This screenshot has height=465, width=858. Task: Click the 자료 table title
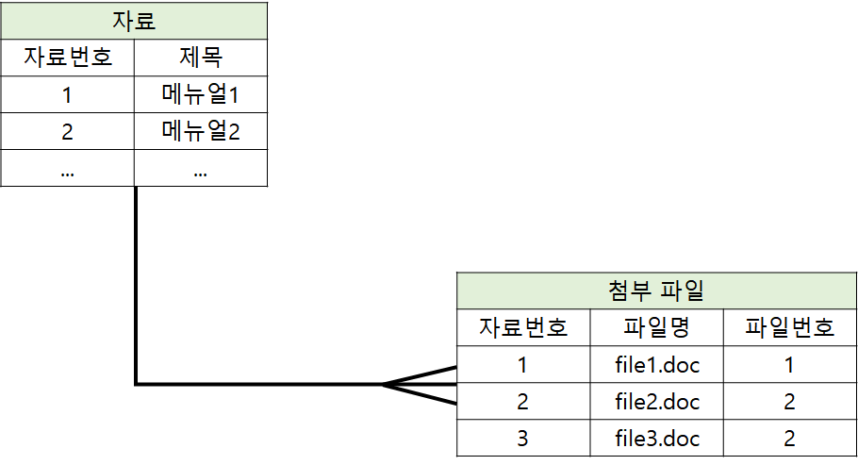coord(134,21)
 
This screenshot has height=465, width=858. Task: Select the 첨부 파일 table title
coord(657,291)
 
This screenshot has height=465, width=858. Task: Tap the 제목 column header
coord(201,58)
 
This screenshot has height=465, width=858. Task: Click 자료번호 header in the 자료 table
coord(67,58)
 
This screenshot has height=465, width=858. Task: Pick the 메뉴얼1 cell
coord(201,94)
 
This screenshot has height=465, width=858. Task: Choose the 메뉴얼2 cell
coord(201,131)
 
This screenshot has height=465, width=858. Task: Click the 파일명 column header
coord(656,327)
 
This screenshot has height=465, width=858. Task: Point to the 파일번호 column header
coord(790,327)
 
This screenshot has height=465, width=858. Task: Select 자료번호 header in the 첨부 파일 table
coord(523,327)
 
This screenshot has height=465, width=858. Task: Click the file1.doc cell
coord(656,364)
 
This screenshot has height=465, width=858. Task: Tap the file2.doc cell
coord(656,401)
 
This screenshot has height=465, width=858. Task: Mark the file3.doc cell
coord(656,438)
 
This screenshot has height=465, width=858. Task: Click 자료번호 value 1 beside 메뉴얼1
coord(67,94)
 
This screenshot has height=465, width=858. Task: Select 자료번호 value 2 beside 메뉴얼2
coord(67,131)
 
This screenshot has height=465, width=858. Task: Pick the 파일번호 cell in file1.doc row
coord(790,364)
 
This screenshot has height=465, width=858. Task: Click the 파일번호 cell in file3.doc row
coord(790,438)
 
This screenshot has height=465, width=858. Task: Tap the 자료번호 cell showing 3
coord(523,438)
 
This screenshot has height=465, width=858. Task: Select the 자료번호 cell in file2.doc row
coord(523,401)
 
